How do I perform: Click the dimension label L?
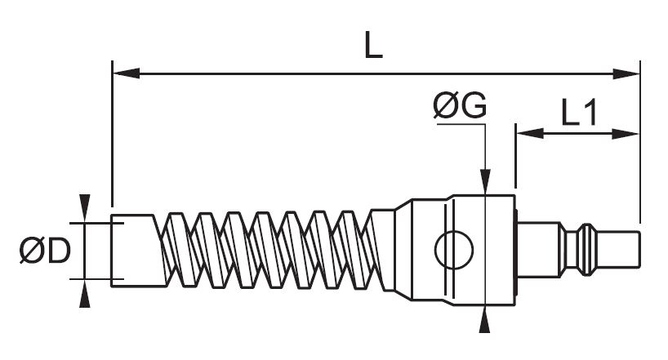click(x=372, y=46)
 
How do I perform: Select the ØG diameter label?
click(x=461, y=105)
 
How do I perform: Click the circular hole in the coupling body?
click(x=453, y=250)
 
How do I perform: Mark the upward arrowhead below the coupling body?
click(x=486, y=322)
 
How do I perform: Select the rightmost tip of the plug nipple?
click(x=638, y=250)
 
